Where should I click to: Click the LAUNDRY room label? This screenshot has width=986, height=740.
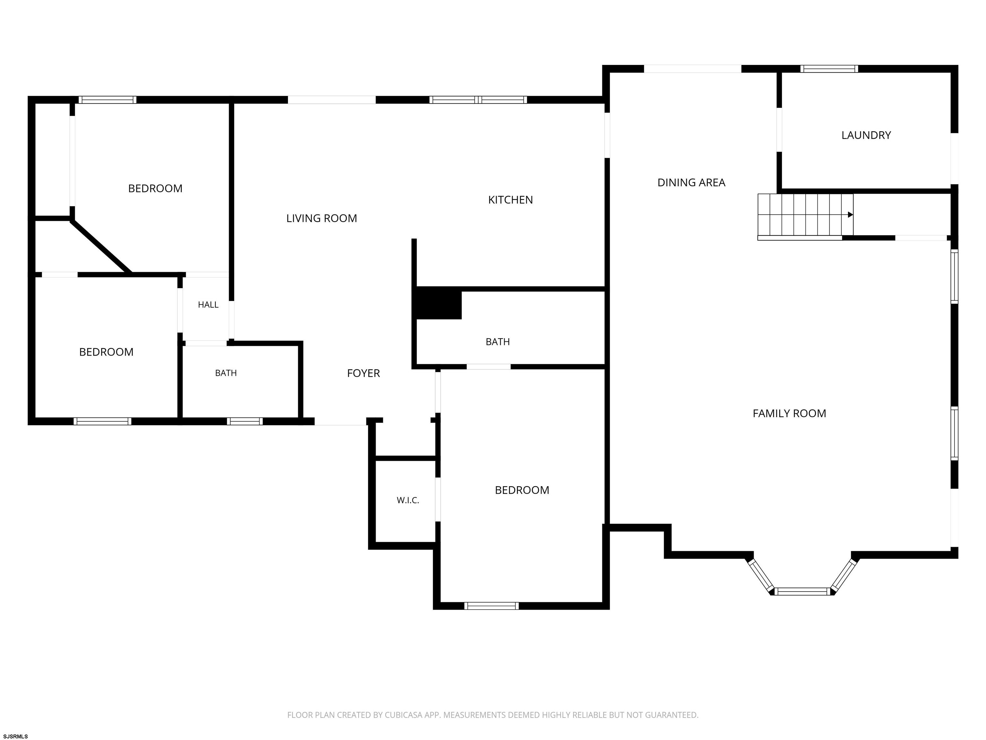866,135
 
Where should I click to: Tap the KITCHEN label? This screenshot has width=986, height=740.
510,200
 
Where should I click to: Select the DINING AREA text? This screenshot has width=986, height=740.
691,182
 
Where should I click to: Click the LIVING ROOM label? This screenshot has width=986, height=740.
321,218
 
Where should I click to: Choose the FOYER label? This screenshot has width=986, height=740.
363,373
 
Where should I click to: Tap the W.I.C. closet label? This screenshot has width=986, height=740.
408,500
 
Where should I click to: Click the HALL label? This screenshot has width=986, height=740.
208,305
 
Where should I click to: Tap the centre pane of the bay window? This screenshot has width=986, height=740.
802,592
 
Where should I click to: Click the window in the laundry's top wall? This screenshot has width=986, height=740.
829,69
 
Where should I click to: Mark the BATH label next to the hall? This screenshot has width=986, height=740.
226,373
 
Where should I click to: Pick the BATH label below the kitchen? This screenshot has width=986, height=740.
497,342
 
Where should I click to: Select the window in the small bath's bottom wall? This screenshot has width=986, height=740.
245,421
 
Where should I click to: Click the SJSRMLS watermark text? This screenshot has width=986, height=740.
16,736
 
